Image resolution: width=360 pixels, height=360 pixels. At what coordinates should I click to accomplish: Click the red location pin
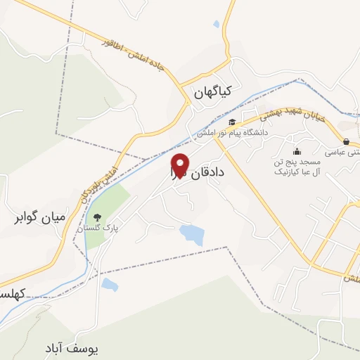(180, 165)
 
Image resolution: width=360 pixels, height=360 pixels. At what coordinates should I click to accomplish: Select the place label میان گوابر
(39, 217)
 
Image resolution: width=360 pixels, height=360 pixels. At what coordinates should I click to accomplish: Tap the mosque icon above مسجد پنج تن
(296, 150)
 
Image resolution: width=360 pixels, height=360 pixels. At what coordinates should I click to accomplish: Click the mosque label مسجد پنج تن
(296, 162)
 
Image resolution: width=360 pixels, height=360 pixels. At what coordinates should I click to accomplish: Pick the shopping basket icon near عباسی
(347, 141)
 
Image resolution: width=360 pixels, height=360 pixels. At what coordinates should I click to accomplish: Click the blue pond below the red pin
(191, 234)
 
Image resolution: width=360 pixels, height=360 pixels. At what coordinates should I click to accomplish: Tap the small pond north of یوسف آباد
(110, 285)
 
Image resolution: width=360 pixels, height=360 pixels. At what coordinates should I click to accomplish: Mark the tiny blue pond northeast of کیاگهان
(216, 25)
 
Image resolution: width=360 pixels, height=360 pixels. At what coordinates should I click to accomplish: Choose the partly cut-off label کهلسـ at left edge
(11, 292)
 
